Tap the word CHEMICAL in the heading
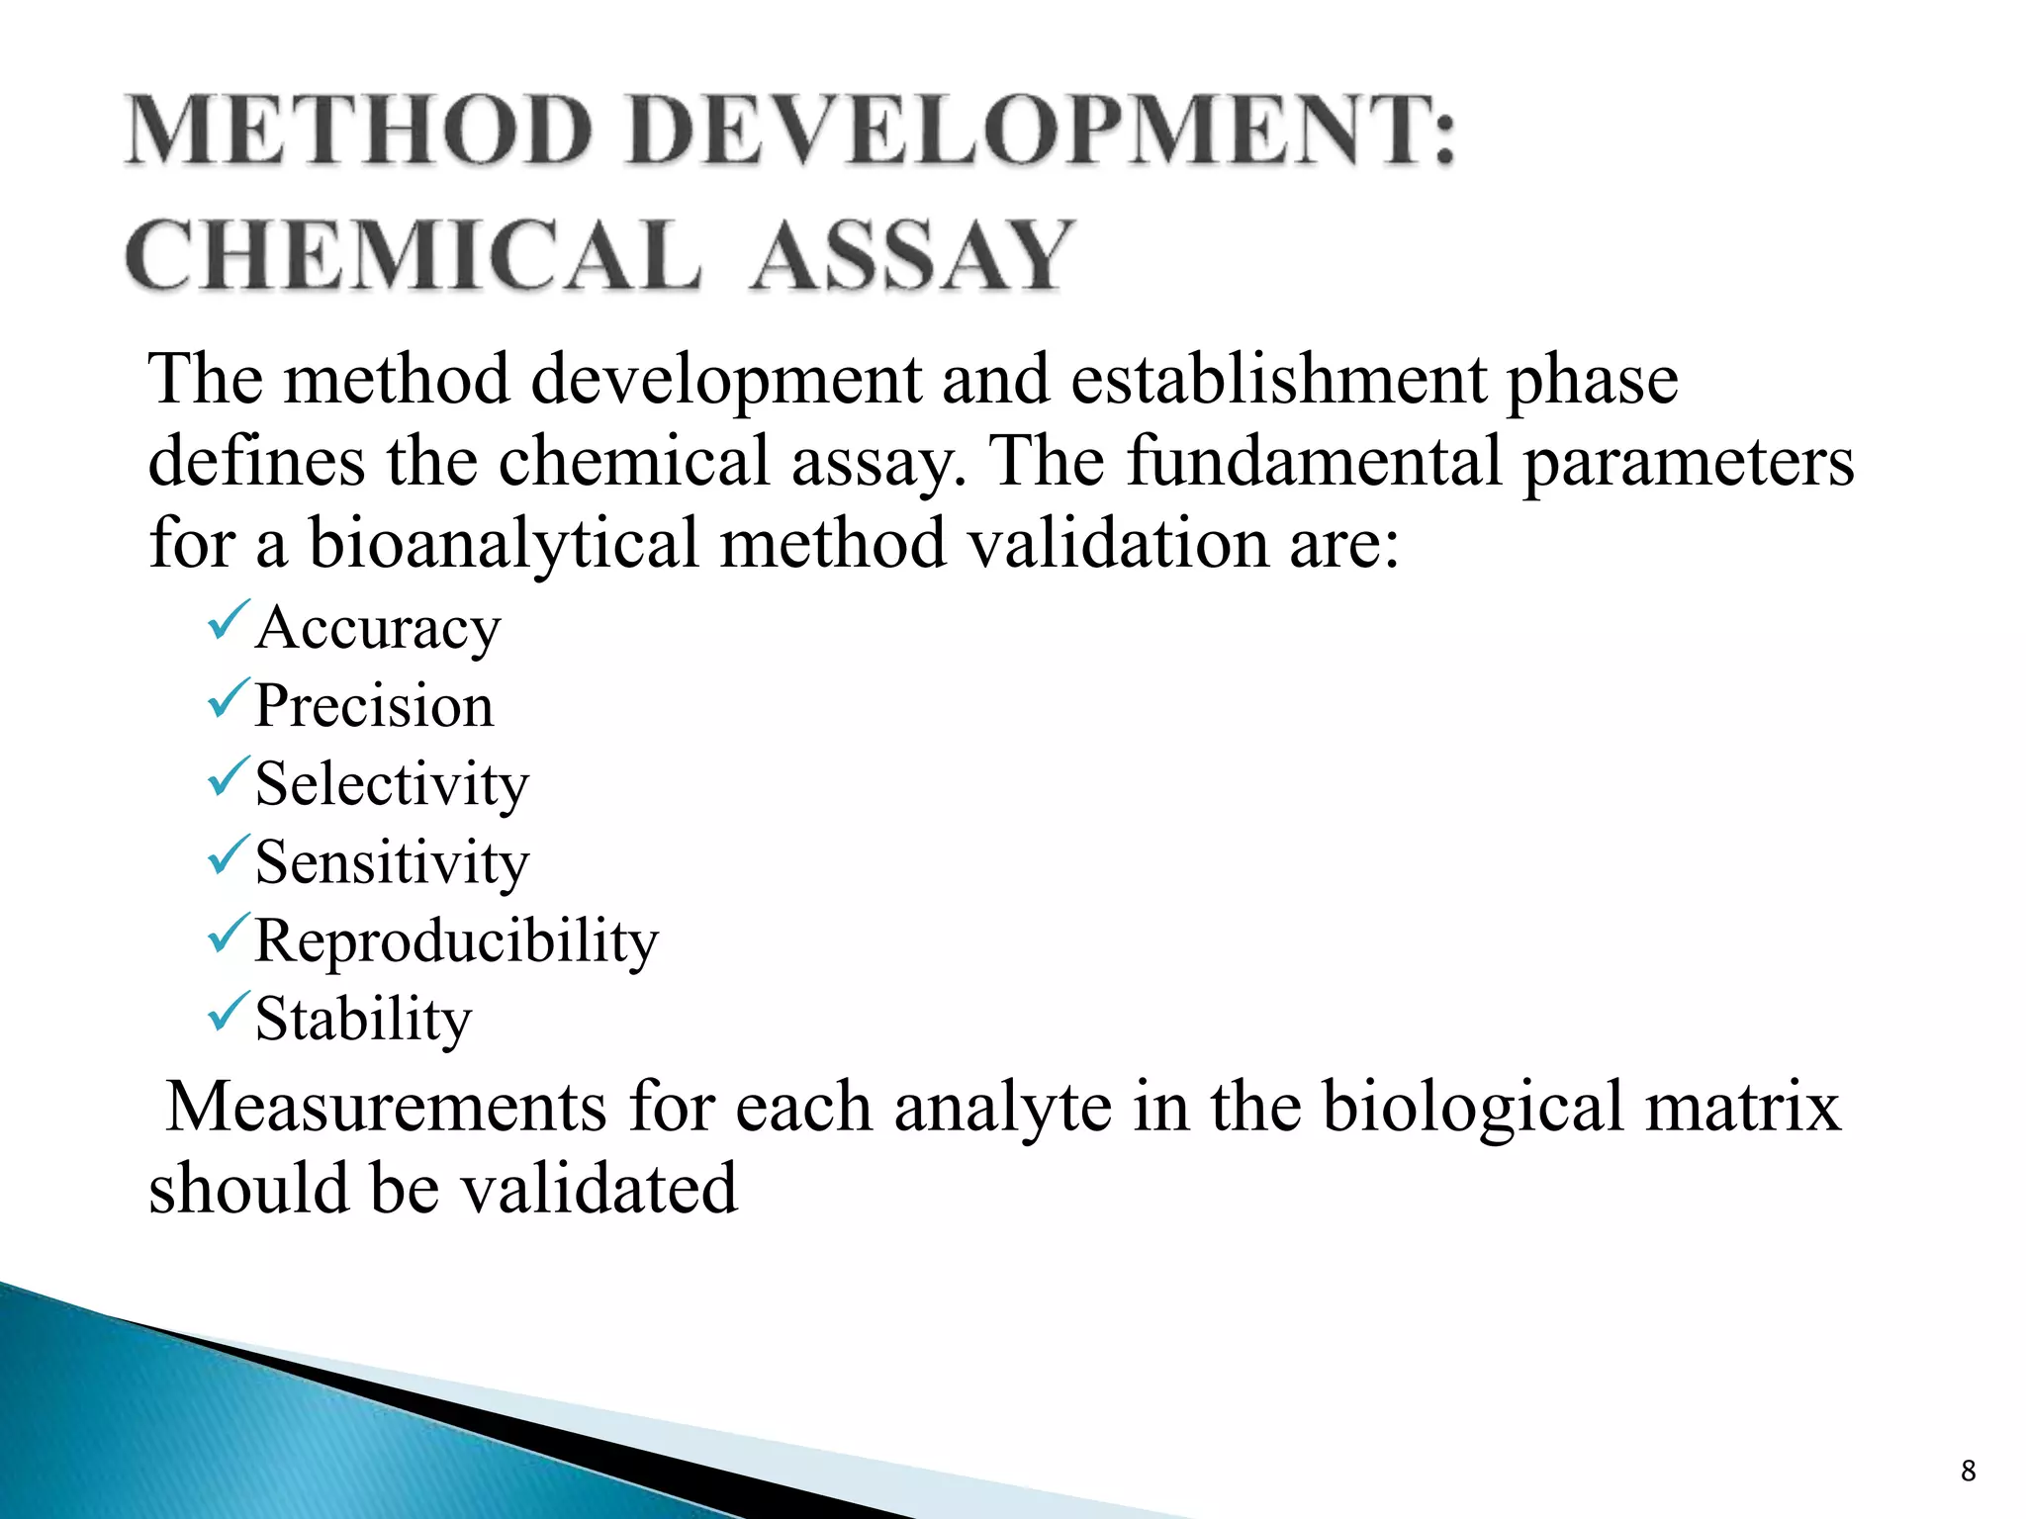click(x=413, y=256)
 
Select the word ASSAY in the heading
click(x=911, y=256)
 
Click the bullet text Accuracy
click(x=378, y=629)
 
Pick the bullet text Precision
click(x=374, y=706)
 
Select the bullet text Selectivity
click(x=392, y=785)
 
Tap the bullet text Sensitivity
click(x=392, y=862)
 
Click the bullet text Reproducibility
click(x=456, y=940)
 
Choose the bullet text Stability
click(x=363, y=1019)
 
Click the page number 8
click(x=1968, y=1472)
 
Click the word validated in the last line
click(x=599, y=1189)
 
